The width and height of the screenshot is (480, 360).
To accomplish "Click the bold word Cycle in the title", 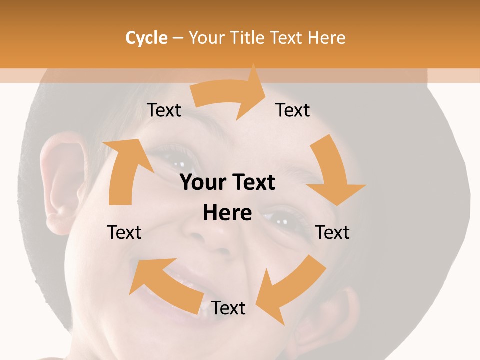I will point(146,38).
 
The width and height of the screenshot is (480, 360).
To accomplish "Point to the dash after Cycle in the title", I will point(177,38).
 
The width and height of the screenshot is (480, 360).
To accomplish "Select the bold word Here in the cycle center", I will point(227,213).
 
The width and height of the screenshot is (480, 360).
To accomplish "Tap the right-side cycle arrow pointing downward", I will point(332,172).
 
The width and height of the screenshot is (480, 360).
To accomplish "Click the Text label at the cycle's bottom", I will point(228,308).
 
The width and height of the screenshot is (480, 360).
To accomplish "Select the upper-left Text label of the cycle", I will point(164,110).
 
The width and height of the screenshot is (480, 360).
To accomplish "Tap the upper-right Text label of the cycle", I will point(293,110).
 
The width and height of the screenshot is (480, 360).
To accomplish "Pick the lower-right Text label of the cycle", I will point(332,232).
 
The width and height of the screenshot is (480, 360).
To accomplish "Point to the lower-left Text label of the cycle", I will point(124,232).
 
